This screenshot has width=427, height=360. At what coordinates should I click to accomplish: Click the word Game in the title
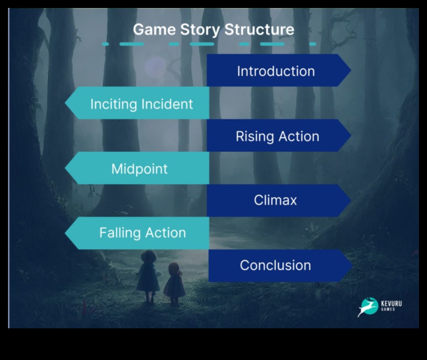(x=154, y=29)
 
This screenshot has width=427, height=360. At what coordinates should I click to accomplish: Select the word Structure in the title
(x=259, y=29)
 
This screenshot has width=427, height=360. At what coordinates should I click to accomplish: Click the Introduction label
(x=276, y=71)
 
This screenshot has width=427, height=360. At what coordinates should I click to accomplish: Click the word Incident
(x=167, y=104)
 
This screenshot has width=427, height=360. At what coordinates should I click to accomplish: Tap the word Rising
(x=254, y=137)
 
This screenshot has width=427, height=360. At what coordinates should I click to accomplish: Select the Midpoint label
(x=139, y=169)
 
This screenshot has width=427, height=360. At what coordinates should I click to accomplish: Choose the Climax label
(x=275, y=200)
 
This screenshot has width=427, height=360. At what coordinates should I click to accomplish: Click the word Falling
(x=120, y=233)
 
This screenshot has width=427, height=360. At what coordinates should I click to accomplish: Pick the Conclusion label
(x=275, y=266)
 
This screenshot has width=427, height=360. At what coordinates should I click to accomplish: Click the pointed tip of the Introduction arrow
(x=351, y=70)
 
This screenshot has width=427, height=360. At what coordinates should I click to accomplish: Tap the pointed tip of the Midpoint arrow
(x=65, y=168)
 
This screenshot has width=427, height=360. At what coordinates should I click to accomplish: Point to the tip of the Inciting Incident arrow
(x=65, y=103)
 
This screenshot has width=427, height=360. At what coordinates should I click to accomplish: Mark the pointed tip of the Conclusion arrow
(x=352, y=266)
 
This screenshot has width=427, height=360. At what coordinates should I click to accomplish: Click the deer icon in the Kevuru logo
(x=368, y=307)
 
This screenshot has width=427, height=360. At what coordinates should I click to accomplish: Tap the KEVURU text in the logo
(x=391, y=303)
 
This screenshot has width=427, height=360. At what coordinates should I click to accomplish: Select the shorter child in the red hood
(x=174, y=284)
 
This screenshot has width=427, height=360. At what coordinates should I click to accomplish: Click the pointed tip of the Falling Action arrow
(x=65, y=233)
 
